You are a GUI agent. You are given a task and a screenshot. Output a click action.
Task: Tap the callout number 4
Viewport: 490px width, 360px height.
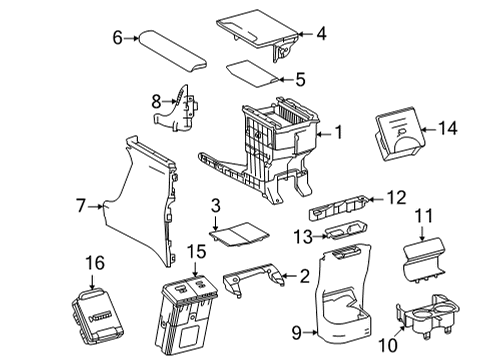coord(321,35)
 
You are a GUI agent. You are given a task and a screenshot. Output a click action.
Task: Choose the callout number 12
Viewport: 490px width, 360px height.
coord(398,197)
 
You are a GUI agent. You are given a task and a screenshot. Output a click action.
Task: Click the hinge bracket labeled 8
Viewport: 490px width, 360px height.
coord(179,108)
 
